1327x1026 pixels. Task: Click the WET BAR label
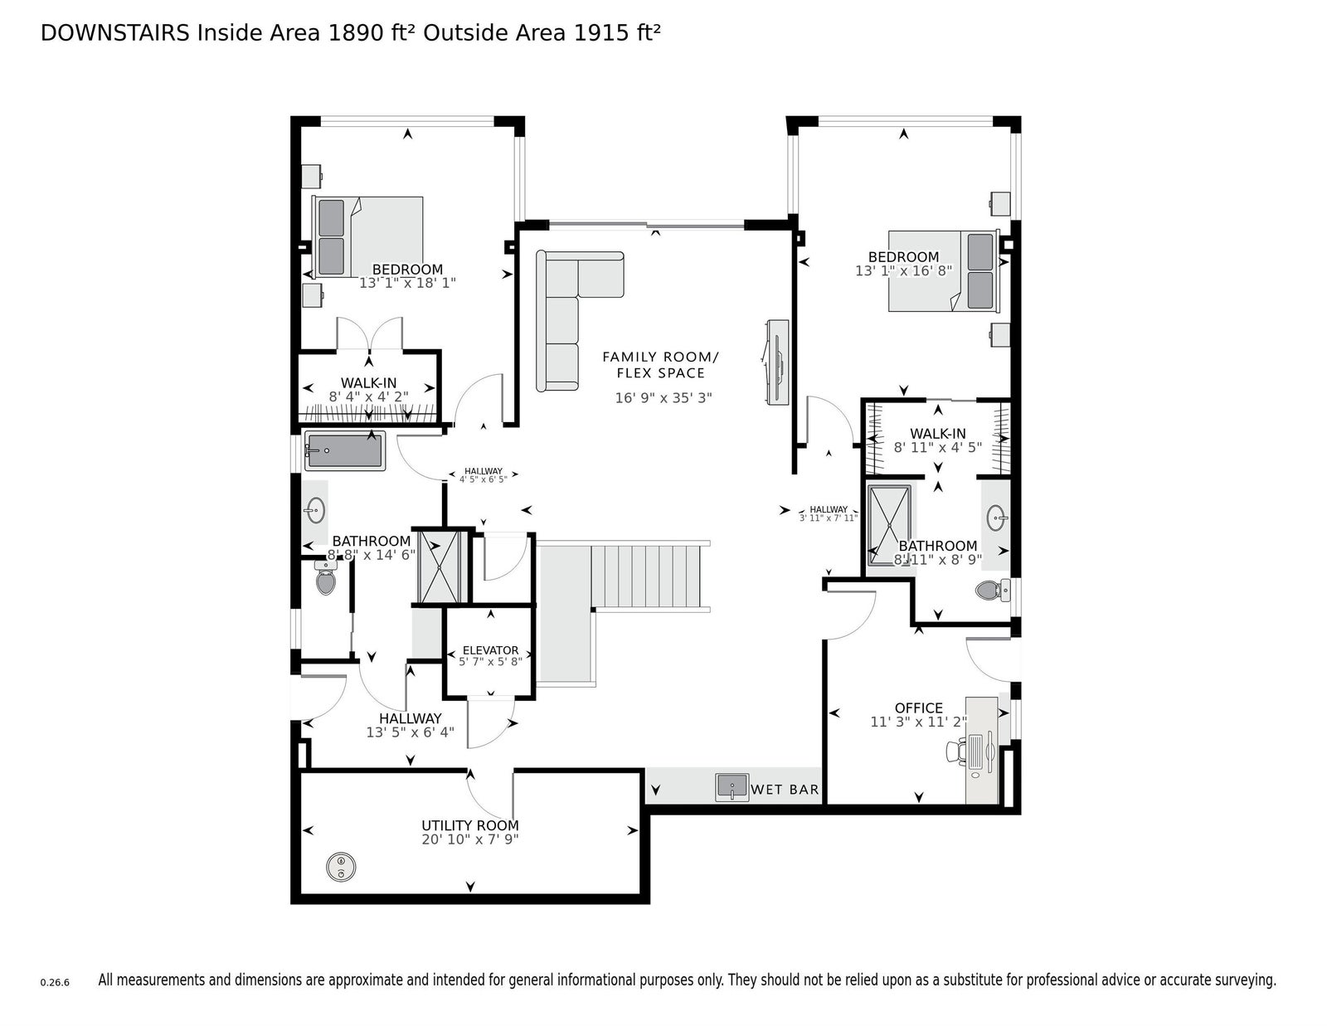(x=785, y=790)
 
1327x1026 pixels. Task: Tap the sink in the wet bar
(x=732, y=787)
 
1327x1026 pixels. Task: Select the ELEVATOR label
(x=490, y=650)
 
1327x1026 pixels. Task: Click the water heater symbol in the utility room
(x=341, y=867)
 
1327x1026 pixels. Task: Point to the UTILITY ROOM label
(x=470, y=825)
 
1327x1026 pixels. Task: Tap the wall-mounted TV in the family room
(x=777, y=362)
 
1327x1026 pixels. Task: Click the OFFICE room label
(x=918, y=708)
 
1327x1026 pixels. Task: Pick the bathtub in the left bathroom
(x=345, y=450)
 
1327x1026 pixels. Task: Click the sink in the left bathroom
(x=315, y=511)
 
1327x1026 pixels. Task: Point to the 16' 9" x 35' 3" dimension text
(x=663, y=398)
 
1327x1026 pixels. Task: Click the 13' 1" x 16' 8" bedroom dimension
(x=904, y=270)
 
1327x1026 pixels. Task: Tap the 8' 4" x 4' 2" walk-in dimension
(x=368, y=396)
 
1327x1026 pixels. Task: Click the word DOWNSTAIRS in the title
(x=114, y=33)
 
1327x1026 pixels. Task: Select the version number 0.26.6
(x=55, y=983)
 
